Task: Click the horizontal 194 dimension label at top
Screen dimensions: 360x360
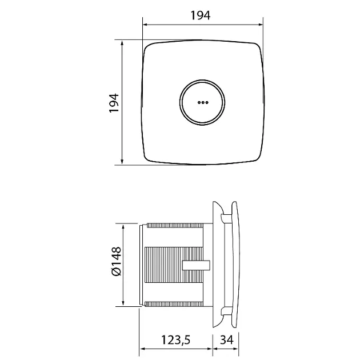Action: pos(201,15)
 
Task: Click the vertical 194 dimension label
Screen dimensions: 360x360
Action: pos(114,103)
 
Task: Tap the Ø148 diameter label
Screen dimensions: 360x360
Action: pos(117,261)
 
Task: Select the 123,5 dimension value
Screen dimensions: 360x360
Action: pos(175,340)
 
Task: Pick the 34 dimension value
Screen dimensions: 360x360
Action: pos(227,340)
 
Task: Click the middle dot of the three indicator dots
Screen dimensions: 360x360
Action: pos(203,102)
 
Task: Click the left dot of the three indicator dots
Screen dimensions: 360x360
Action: pos(199,102)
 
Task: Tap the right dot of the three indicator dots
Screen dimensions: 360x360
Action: pos(207,102)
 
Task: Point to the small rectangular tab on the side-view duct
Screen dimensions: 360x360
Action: pos(196,265)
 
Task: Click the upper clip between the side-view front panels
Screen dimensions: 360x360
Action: pos(226,218)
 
